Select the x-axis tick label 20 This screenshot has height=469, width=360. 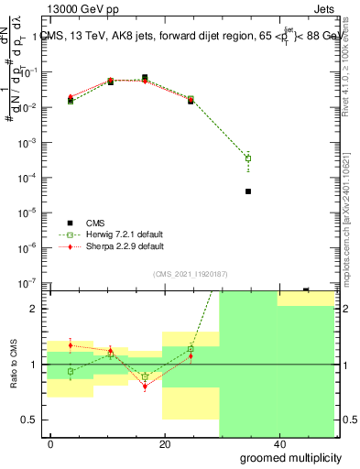pos(165,444)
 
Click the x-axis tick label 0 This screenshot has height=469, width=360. pos(51,444)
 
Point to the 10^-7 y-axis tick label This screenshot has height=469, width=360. pos(27,283)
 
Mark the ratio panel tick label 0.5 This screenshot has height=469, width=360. pos(28,420)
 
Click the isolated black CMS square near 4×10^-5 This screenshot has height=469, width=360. pos(248,191)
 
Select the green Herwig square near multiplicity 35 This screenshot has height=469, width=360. pos(248,158)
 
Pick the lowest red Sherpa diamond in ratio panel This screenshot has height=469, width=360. pos(145,387)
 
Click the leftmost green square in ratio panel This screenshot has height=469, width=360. pos(71,371)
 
